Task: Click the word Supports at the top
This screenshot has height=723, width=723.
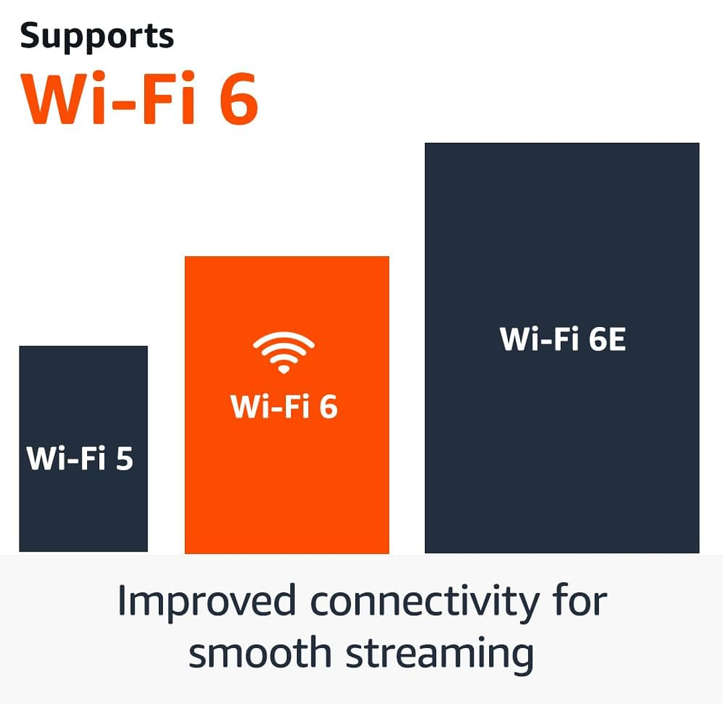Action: (x=97, y=37)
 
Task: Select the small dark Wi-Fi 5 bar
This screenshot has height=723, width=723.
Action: (x=83, y=509)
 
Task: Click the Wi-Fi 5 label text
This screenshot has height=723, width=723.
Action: (x=80, y=458)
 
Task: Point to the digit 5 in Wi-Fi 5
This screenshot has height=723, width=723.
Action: (x=124, y=458)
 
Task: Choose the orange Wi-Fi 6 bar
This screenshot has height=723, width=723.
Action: (x=287, y=482)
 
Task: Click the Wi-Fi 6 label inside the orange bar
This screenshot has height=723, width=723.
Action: (x=283, y=406)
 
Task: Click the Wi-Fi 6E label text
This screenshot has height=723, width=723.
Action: (x=562, y=339)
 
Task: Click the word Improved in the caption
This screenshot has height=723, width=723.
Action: (x=206, y=600)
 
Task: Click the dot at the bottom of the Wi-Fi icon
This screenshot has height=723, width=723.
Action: (x=283, y=369)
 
